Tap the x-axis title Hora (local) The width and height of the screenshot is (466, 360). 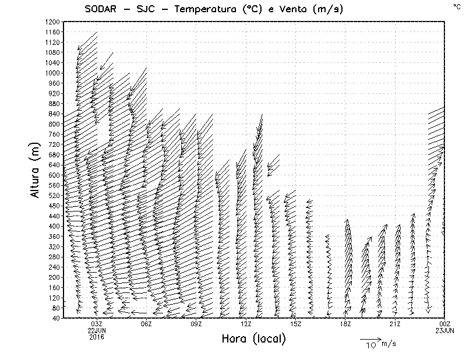(x=254, y=339)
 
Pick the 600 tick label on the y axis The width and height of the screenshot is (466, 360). (x=54, y=175)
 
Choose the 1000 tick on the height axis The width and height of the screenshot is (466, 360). (x=52, y=73)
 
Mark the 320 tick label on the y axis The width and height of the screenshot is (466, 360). (x=54, y=246)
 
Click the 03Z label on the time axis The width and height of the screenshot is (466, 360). (x=97, y=324)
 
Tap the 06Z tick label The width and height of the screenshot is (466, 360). (x=146, y=324)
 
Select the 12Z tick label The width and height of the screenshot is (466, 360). (x=246, y=324)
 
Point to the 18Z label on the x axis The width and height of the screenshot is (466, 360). (x=345, y=324)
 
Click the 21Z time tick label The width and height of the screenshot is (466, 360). (x=395, y=324)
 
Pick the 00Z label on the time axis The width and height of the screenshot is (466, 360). (x=445, y=324)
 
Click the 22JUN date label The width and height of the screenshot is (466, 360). (x=97, y=330)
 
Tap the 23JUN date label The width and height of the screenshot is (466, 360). (x=445, y=330)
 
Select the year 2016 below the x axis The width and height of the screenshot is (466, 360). (x=97, y=337)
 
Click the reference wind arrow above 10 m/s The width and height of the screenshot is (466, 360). (x=370, y=338)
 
